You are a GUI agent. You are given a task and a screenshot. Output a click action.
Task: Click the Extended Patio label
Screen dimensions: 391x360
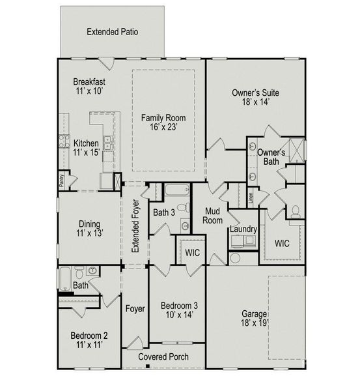(x=112, y=31)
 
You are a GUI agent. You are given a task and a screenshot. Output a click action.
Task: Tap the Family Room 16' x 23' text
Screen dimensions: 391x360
(x=164, y=123)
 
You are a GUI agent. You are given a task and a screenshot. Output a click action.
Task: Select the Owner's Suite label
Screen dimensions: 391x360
(x=255, y=98)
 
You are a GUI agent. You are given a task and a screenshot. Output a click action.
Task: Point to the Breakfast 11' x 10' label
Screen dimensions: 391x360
(x=89, y=86)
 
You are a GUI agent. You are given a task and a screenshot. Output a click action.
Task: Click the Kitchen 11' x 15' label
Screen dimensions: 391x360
(x=86, y=148)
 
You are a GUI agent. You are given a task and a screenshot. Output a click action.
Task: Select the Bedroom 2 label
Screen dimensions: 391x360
(x=89, y=340)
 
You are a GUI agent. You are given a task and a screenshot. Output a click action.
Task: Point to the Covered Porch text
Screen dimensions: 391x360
(x=164, y=357)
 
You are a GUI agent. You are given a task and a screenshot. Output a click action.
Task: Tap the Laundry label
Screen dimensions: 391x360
(x=243, y=229)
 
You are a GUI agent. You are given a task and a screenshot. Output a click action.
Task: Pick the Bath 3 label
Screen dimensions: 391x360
(x=165, y=212)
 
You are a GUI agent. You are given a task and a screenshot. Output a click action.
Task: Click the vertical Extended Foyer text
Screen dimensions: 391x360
(x=135, y=227)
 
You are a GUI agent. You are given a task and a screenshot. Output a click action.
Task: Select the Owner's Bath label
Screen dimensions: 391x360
(x=271, y=157)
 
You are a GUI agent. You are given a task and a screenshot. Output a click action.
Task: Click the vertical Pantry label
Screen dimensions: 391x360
(x=62, y=181)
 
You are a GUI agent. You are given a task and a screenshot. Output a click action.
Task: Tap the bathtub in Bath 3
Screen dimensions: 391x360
(x=176, y=191)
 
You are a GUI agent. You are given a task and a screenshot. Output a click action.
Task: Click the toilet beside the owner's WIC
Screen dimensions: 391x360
(x=295, y=211)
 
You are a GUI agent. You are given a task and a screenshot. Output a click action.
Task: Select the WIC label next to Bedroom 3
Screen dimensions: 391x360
(x=191, y=252)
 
